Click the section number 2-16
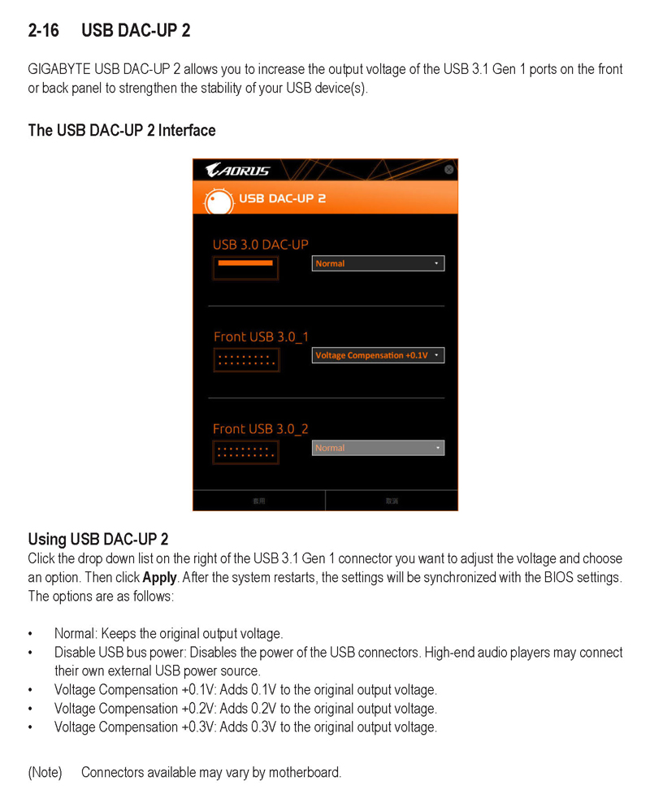coord(43,31)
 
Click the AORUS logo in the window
coord(237,170)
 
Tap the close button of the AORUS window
coord(449,169)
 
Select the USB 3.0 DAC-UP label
coord(260,244)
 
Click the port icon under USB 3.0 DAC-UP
coord(245,267)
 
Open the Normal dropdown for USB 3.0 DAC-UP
coord(378,263)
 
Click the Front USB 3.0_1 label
coord(261,336)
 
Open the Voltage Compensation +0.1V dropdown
coord(378,355)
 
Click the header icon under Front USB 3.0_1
coord(245,360)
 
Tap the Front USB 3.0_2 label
coord(261,428)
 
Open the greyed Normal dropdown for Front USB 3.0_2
coord(378,448)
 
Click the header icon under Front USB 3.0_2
coord(245,452)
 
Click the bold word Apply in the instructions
coord(159,578)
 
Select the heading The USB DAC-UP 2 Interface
coord(122,130)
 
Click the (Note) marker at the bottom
coord(45,771)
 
